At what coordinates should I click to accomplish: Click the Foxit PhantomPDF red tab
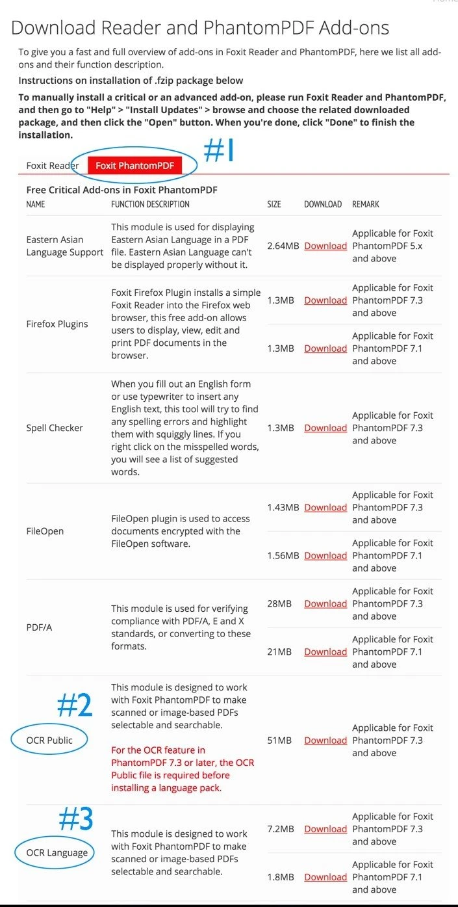134,166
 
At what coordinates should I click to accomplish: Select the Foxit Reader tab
52,166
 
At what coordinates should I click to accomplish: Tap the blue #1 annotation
218,151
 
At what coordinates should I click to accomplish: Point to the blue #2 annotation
75,705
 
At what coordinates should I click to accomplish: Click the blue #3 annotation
76,819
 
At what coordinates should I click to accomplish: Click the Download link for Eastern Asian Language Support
325,246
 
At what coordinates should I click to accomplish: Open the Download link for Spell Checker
325,428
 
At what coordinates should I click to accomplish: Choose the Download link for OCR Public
325,741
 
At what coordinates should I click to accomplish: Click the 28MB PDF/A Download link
325,603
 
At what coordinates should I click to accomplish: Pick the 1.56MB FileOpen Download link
325,555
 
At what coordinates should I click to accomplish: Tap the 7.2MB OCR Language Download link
325,829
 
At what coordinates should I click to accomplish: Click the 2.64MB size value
283,246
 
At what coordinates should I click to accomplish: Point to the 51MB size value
279,741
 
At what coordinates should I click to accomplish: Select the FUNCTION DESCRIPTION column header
150,204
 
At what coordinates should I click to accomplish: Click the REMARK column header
366,204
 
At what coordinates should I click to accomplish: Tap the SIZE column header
274,204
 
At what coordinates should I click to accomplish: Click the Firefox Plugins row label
58,324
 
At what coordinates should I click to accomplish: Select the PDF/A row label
39,627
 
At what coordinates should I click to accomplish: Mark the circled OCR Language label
57,852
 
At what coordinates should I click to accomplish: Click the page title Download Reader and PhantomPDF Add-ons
200,28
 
